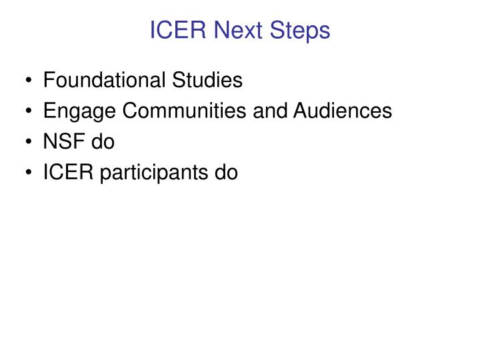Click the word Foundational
(x=103, y=81)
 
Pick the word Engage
(x=72, y=111)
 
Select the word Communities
(x=167, y=111)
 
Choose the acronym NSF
(x=60, y=142)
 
